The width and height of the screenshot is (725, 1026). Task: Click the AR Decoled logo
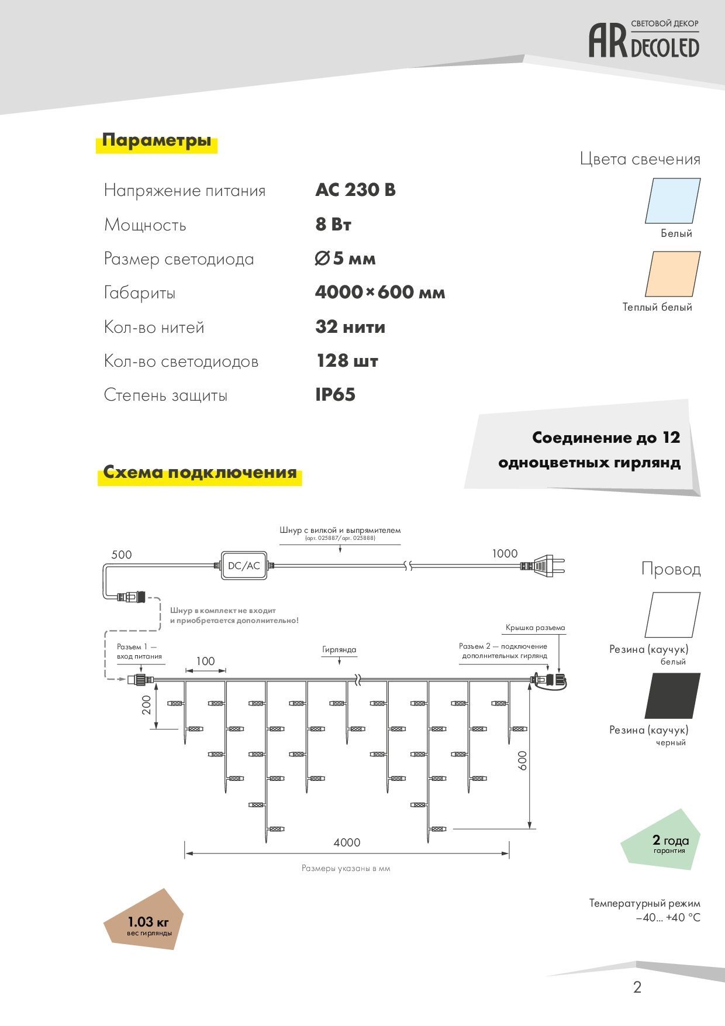[x=644, y=39]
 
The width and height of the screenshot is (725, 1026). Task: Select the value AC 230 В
[x=355, y=190]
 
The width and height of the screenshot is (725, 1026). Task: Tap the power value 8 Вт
[x=333, y=225]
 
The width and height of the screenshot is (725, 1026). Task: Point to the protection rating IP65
[x=335, y=395]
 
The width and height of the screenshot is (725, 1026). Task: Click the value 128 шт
[x=347, y=361]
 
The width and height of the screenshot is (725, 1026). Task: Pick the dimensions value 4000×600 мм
[x=380, y=292]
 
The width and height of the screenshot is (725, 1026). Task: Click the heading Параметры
[x=157, y=140]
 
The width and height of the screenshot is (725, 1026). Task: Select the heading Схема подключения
[x=200, y=472]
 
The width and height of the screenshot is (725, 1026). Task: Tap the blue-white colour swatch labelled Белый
[x=672, y=201]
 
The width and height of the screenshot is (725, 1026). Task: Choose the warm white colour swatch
[x=672, y=274]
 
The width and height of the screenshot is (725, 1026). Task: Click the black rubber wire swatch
[x=672, y=696]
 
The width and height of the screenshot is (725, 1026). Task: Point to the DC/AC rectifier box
[x=244, y=566]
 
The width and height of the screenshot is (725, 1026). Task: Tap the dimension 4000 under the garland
[x=347, y=842]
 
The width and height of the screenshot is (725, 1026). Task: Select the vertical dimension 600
[x=523, y=760]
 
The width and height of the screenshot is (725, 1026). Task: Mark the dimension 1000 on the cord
[x=505, y=553]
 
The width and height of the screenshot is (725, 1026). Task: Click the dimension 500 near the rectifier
[x=122, y=555]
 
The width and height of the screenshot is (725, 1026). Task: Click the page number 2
[x=637, y=987]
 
